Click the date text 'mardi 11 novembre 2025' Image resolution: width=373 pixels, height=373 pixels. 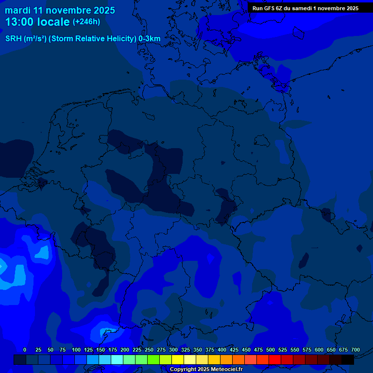point(60,10)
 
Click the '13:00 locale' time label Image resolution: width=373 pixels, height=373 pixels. point(37,22)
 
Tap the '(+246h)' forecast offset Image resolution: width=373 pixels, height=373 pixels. point(86,22)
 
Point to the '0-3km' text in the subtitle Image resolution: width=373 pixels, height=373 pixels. point(150,39)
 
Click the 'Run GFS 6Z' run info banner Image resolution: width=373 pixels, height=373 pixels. point(305,8)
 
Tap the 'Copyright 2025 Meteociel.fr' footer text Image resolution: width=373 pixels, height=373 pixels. point(206,369)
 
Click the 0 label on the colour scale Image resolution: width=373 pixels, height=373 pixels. point(25,350)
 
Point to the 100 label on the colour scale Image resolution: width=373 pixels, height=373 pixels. point(76,350)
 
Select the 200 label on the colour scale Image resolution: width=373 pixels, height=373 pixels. point(125,350)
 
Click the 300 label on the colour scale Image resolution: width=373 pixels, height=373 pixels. point(173,350)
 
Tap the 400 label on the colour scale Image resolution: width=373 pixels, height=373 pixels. point(222,350)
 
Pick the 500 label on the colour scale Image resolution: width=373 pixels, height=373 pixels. point(271,350)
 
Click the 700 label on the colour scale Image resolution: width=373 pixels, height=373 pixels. point(356,350)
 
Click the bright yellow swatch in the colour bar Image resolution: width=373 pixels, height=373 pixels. point(178,359)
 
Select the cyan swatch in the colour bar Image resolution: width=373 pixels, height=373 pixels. point(117,359)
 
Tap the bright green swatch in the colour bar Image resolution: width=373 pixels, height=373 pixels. point(153,359)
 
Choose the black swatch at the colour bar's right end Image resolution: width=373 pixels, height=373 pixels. point(348,359)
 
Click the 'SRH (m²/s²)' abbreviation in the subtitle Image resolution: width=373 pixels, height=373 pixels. point(26,39)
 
